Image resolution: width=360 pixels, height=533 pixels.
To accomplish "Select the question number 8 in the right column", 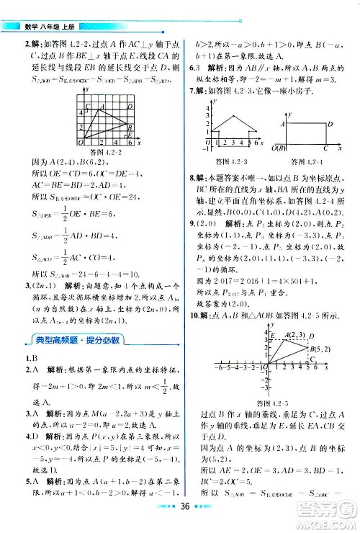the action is [x=191, y=176].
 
